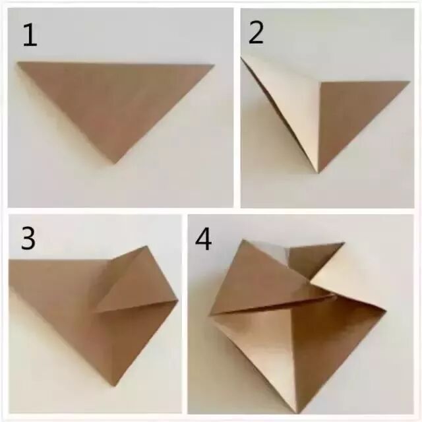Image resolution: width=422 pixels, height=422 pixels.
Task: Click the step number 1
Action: [x=30, y=35]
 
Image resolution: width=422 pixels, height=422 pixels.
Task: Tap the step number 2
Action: [x=256, y=33]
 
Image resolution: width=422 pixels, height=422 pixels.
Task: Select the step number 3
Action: [x=28, y=239]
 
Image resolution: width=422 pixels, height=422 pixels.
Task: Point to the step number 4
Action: [x=203, y=239]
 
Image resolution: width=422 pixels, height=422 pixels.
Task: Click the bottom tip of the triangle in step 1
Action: [x=115, y=164]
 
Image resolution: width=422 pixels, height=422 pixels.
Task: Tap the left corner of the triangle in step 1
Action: [x=18, y=63]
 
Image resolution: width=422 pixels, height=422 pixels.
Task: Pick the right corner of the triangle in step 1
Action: [x=214, y=65]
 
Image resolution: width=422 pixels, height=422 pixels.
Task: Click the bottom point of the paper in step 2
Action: [x=318, y=173]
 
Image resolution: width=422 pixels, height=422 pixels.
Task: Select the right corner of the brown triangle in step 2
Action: [x=409, y=82]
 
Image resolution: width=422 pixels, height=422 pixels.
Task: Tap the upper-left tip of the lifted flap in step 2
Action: [x=241, y=57]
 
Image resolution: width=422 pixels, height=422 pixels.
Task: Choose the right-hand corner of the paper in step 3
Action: [x=178, y=299]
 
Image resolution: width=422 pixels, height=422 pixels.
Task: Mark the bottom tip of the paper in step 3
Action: [x=115, y=386]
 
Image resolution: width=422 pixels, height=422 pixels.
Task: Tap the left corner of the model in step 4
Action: [x=210, y=315]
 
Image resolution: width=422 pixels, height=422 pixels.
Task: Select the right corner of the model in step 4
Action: [x=386, y=311]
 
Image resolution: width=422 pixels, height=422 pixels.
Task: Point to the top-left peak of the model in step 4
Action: [x=244, y=239]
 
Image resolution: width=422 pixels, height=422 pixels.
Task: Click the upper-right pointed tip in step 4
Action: [x=344, y=243]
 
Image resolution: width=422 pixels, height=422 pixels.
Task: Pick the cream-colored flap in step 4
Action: [x=347, y=280]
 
